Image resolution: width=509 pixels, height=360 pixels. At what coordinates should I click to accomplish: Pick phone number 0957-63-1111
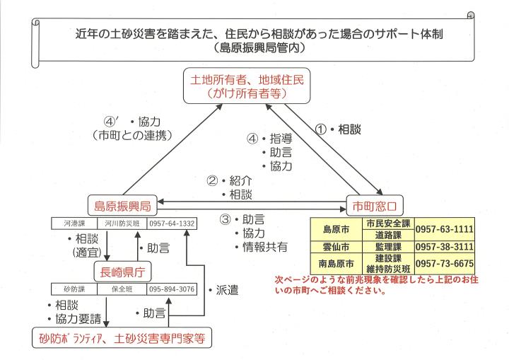443,229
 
